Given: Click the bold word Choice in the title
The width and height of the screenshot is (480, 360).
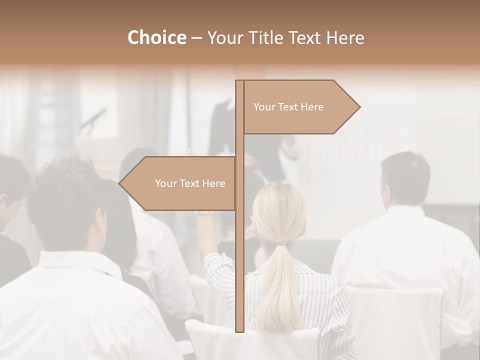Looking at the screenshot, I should coord(156,38).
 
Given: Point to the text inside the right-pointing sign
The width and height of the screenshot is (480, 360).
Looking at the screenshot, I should coord(288,107).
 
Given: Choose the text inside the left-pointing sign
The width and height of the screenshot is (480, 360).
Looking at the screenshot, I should coord(190,183).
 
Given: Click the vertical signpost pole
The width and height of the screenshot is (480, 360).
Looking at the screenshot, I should coord(239,250).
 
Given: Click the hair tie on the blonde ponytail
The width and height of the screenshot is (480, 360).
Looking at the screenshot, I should coord(283,244).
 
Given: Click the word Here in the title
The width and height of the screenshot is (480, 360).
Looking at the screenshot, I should coord(345,38).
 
